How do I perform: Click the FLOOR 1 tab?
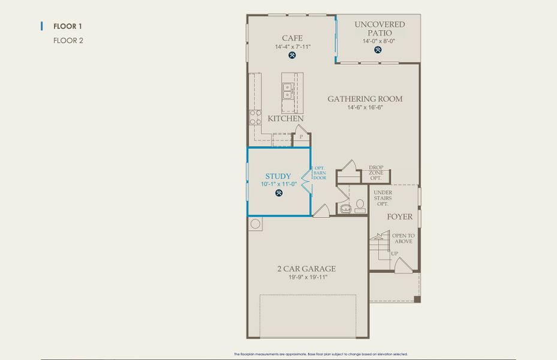tap(67, 26)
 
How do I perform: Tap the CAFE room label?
tap(292, 38)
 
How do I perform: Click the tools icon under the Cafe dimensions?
tap(292, 56)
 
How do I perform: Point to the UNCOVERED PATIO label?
tap(379, 29)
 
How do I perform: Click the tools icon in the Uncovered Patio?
tap(378, 50)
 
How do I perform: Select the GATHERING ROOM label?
tap(365, 99)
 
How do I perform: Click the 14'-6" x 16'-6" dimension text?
tap(365, 107)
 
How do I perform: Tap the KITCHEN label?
tap(285, 119)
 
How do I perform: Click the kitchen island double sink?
tap(287, 91)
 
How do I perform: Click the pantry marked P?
tap(301, 137)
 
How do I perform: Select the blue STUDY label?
tap(278, 176)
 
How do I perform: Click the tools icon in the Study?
tap(279, 193)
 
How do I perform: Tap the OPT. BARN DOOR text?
tap(320, 173)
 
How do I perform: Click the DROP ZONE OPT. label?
tap(376, 173)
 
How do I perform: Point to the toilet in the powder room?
tap(346, 208)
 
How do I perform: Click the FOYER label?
tap(399, 217)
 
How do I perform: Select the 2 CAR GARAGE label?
tap(306, 269)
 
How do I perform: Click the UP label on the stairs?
tap(395, 254)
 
